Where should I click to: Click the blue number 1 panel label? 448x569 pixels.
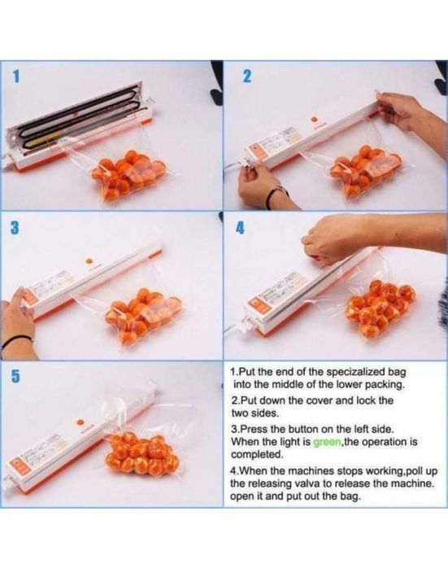(x=15, y=77)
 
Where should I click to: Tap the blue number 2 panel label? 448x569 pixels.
(x=246, y=77)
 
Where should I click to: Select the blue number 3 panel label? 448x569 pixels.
(x=15, y=228)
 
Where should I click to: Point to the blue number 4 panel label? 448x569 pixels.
(x=240, y=228)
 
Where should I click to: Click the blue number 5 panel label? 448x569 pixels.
(x=15, y=376)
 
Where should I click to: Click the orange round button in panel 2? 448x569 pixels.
(x=315, y=119)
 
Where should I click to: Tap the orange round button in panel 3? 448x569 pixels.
(x=89, y=261)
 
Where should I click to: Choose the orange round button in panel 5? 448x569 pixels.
(x=80, y=423)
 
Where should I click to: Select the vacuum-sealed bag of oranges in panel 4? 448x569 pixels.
(x=381, y=309)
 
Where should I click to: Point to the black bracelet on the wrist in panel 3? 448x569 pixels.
(x=16, y=341)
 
